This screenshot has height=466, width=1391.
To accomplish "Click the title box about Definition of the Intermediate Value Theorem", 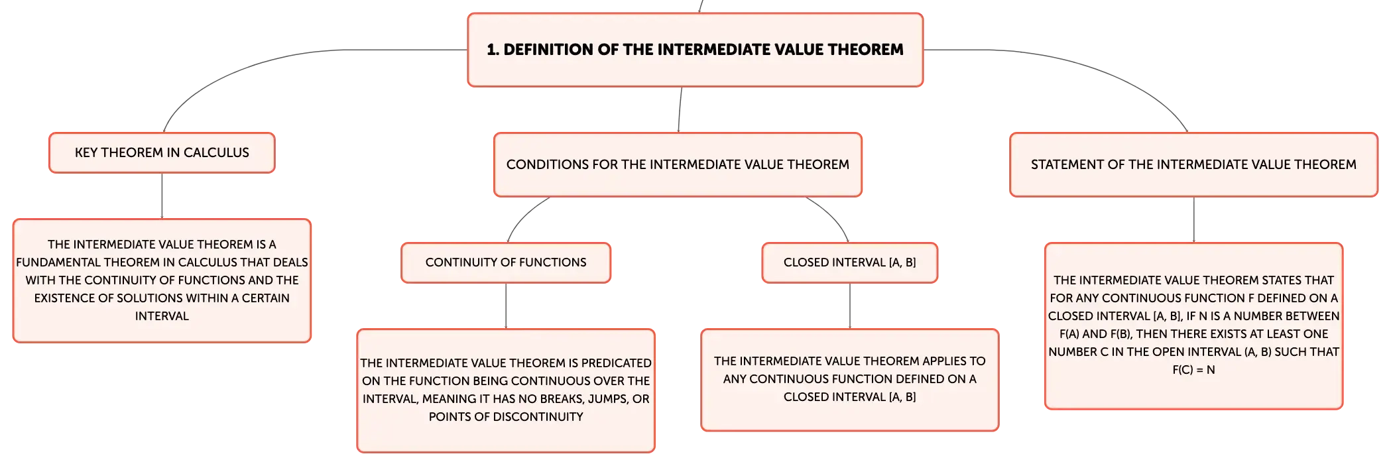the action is coord(695,50).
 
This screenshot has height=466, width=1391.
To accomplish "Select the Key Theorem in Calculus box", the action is coord(162,152).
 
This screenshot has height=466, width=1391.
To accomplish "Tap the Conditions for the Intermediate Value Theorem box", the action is coord(678,164).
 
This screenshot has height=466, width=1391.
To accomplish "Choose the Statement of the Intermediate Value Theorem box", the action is coord(1193,164).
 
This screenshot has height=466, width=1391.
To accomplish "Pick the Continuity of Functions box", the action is coord(506,262).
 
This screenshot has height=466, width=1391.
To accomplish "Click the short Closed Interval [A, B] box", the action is coord(850,262).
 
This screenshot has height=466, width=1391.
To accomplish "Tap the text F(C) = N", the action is coord(1193,370).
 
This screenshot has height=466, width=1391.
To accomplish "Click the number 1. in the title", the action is coord(493,50).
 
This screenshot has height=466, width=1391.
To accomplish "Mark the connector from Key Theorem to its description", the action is coord(162,196).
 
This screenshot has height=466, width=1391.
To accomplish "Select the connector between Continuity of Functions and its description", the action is coord(506,306).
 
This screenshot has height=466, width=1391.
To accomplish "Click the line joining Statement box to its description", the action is coord(1193,219).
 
